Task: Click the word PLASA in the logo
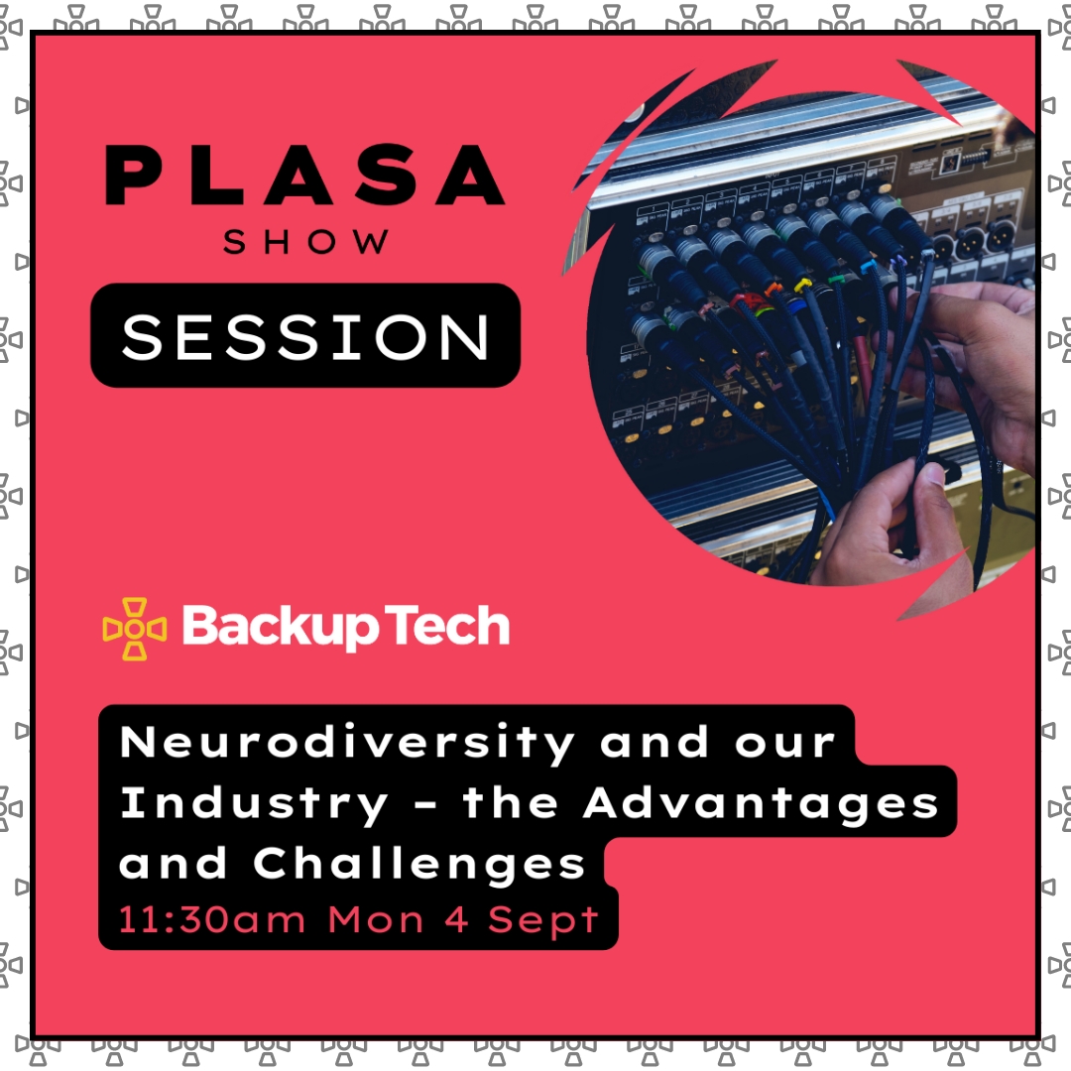[x=304, y=176]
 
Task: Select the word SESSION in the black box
[x=305, y=336]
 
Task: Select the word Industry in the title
[x=255, y=803]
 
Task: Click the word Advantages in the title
[x=761, y=802]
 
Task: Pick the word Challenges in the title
[x=419, y=863]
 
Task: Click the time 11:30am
[x=212, y=919]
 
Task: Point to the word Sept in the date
[x=542, y=921]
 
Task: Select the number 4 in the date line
[x=457, y=919]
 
